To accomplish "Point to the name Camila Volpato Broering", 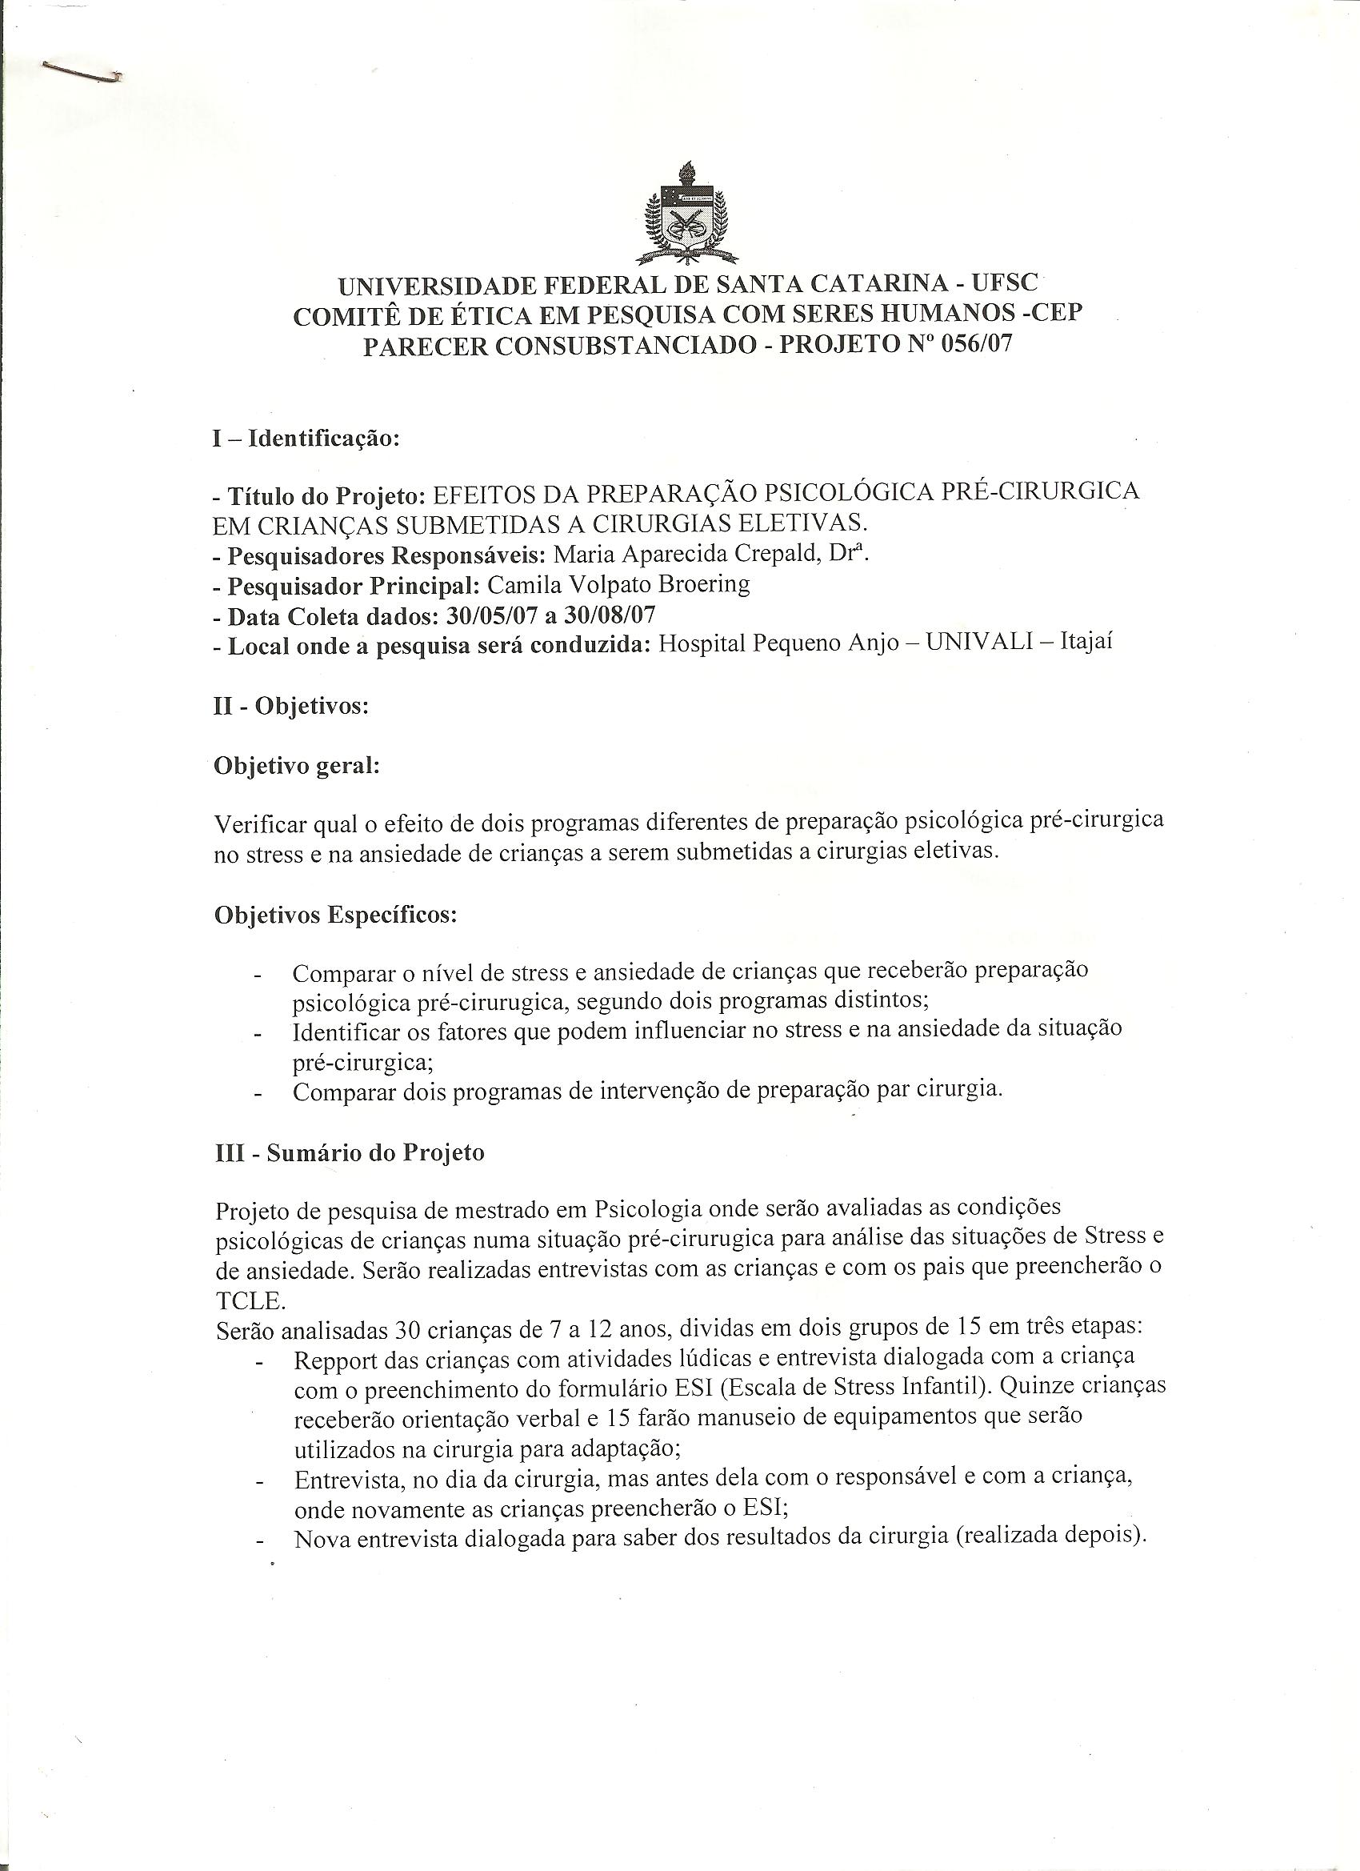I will point(618,585).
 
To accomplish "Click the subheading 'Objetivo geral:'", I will point(296,766).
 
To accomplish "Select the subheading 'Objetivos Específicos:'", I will point(336,915).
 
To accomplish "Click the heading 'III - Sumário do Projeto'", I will point(349,1152).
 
